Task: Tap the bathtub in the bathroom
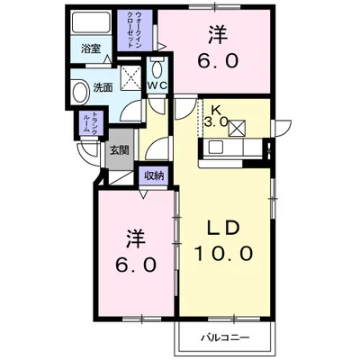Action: (x=88, y=25)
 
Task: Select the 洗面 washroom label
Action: (x=103, y=87)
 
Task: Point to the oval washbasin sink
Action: (x=77, y=89)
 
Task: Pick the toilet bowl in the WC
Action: (x=158, y=69)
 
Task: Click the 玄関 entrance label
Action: (x=120, y=150)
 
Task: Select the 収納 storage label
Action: (x=154, y=175)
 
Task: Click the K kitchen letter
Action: (x=216, y=107)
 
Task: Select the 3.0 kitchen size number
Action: (x=215, y=121)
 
